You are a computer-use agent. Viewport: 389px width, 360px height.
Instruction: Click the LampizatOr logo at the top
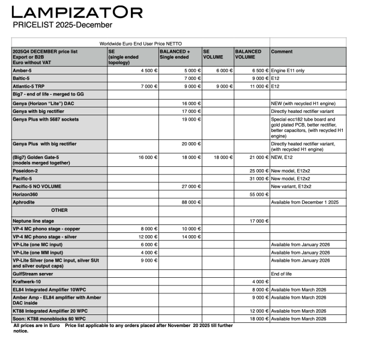tap(77, 12)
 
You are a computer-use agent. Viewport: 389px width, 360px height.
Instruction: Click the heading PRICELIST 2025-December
tap(62, 25)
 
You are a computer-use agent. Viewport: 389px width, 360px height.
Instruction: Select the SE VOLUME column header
tap(213, 55)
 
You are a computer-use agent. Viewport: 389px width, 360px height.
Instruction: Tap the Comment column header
tap(282, 52)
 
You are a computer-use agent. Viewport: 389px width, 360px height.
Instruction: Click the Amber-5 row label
tap(23, 70)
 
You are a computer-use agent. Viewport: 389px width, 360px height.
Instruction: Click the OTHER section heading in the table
tap(59, 210)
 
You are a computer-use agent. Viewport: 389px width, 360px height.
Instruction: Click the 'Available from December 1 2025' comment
tap(306, 202)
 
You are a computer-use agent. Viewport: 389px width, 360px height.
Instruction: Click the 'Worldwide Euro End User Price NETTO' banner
tap(140, 44)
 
